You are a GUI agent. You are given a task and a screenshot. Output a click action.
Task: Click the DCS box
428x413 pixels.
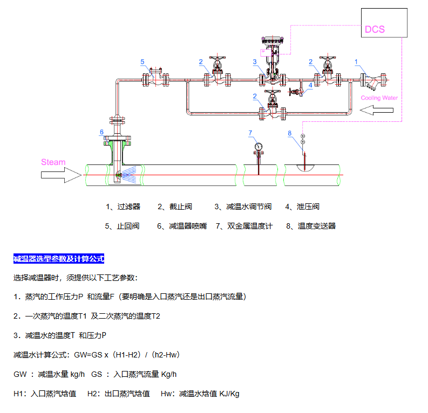[x=384, y=23]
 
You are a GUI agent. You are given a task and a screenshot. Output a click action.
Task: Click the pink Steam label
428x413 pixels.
[x=53, y=162]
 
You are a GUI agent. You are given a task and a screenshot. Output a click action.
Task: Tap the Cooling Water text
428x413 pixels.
[x=379, y=98]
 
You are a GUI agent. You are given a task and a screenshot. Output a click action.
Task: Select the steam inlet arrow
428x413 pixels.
[x=60, y=175]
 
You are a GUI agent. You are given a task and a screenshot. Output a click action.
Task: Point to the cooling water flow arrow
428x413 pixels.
[x=377, y=111]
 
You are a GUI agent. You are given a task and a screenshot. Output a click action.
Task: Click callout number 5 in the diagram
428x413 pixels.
[x=142, y=62]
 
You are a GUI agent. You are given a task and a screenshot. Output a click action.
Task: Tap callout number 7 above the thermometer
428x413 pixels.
[x=250, y=133]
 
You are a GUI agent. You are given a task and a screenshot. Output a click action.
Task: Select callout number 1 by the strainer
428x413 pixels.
[x=356, y=61]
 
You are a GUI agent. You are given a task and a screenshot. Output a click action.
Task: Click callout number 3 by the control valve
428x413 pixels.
[x=255, y=62]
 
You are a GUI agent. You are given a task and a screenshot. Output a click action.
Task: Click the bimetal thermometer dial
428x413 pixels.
[x=259, y=146]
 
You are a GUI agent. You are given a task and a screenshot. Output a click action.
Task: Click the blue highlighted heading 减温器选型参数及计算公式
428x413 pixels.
[x=58, y=259]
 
